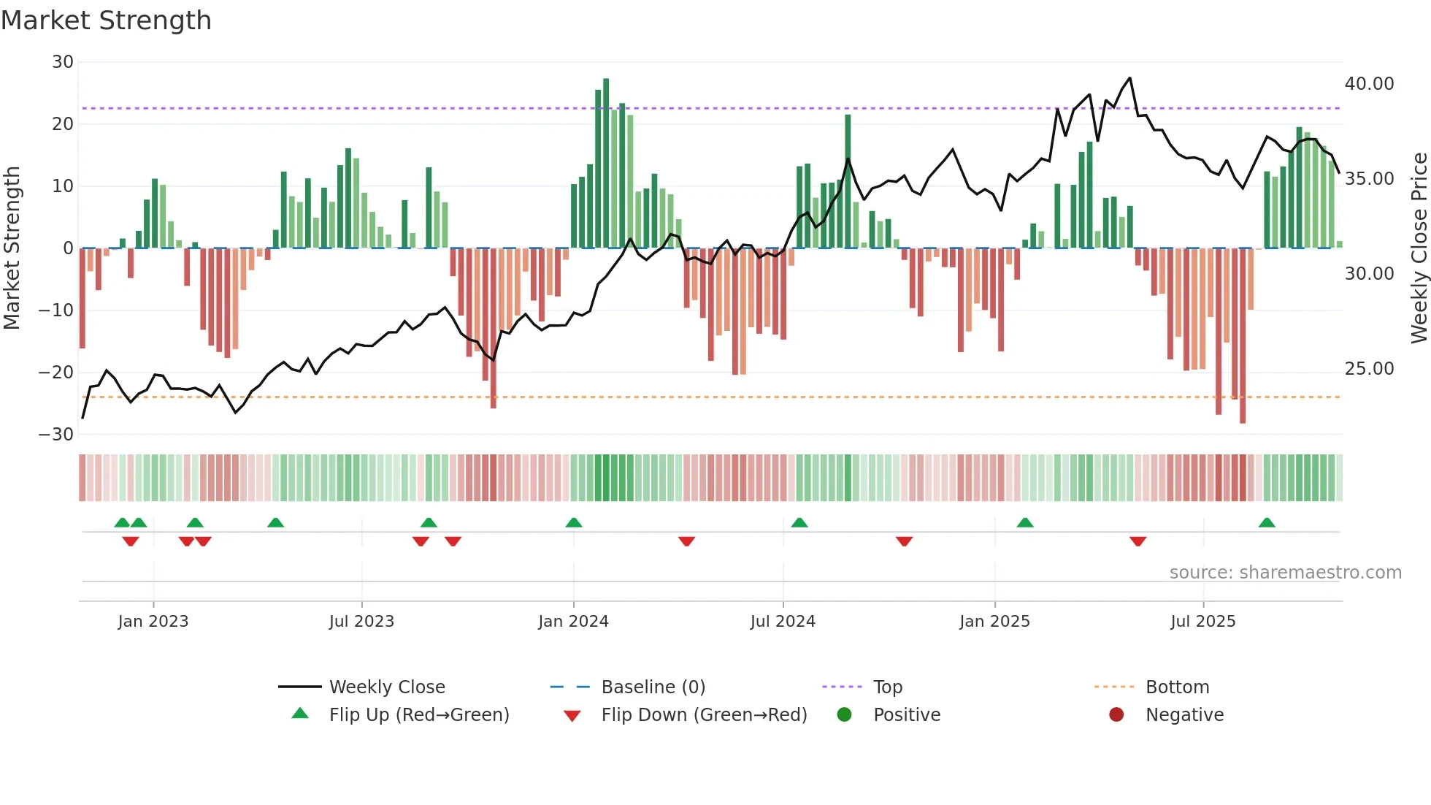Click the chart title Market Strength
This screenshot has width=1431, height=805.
[106, 20]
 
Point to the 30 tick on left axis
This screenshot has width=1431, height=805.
[63, 62]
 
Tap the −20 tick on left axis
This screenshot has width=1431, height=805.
[56, 373]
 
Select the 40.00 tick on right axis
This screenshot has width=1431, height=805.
[1369, 84]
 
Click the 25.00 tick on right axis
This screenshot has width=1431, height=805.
[1369, 369]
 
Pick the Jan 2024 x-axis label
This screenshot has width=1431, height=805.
[573, 622]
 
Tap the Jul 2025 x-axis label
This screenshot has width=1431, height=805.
[1202, 622]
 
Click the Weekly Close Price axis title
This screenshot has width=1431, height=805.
[1419, 248]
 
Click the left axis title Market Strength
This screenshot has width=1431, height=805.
[12, 248]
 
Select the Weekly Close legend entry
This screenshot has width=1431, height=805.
[386, 687]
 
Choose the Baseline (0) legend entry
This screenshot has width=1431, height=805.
[653, 687]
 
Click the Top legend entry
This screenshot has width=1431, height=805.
[887, 687]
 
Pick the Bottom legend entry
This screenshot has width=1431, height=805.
[1177, 687]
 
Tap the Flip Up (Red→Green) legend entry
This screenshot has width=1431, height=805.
[418, 715]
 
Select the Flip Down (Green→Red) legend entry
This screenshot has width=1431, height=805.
[704, 715]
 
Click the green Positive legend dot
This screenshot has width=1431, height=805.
[845, 715]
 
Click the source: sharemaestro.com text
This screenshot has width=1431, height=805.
[1285, 573]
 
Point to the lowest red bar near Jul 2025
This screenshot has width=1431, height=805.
[1243, 336]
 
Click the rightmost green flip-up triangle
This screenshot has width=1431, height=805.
[1267, 523]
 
